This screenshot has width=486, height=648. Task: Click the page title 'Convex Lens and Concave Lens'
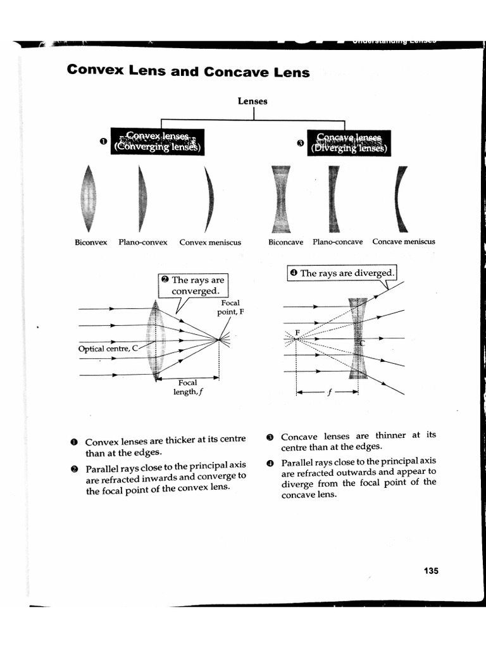coord(188,71)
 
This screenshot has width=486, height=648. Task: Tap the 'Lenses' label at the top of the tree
coord(252,101)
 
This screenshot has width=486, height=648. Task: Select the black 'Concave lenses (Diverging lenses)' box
coord(349,142)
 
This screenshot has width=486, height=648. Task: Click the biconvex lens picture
coord(89,198)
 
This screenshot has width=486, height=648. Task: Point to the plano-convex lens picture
coord(142,198)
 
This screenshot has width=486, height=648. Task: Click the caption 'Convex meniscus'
coord(210,242)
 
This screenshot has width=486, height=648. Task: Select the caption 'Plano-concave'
coord(337,242)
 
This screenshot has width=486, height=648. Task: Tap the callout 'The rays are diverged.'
coord(342,273)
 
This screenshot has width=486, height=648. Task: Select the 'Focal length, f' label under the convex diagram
coord(187,387)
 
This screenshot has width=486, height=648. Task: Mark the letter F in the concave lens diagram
coord(297,332)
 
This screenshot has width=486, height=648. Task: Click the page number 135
coord(431,570)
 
